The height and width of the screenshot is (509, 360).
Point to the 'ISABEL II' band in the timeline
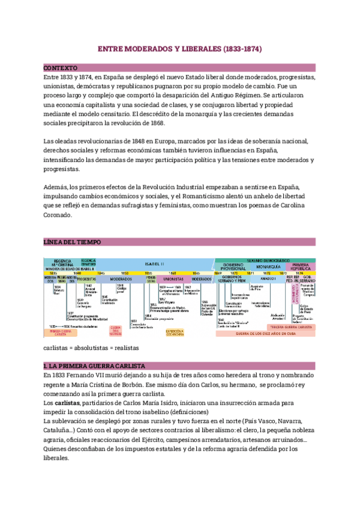[158, 263]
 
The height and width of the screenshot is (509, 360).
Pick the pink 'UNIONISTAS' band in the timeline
[173, 279]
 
